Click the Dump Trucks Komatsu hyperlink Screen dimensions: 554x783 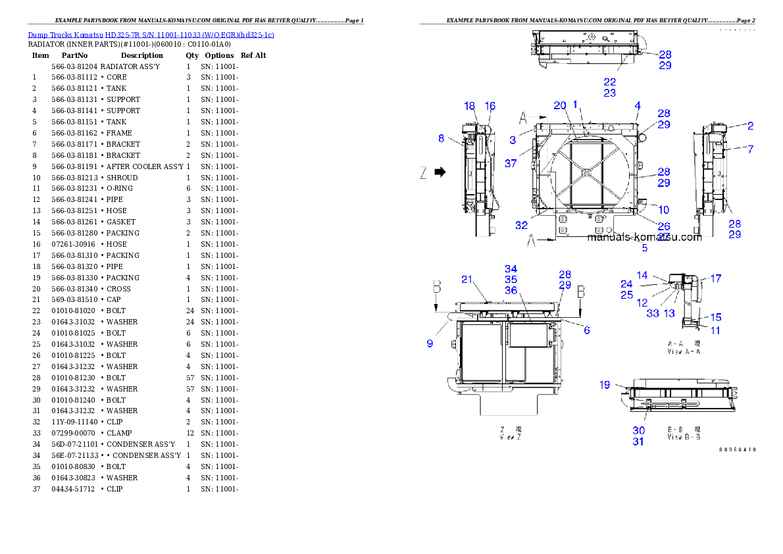[151, 34]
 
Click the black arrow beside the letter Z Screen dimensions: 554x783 [440, 172]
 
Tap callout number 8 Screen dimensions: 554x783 [442, 138]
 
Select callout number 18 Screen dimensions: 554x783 [469, 106]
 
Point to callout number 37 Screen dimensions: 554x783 [511, 163]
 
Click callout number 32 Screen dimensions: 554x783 [521, 225]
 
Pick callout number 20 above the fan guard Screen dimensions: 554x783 [559, 105]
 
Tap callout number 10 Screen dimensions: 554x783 [664, 210]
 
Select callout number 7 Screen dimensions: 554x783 [750, 149]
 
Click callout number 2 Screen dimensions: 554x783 [750, 126]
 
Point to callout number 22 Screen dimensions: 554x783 [610, 82]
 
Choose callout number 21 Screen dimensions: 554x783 [467, 280]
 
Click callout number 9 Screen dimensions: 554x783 [430, 343]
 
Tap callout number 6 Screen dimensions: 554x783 [586, 330]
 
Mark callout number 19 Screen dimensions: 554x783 [605, 385]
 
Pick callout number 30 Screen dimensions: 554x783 [638, 430]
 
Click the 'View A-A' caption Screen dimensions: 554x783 [684, 351]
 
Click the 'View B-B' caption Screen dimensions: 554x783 [684, 436]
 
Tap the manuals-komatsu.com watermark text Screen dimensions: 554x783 [644, 238]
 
